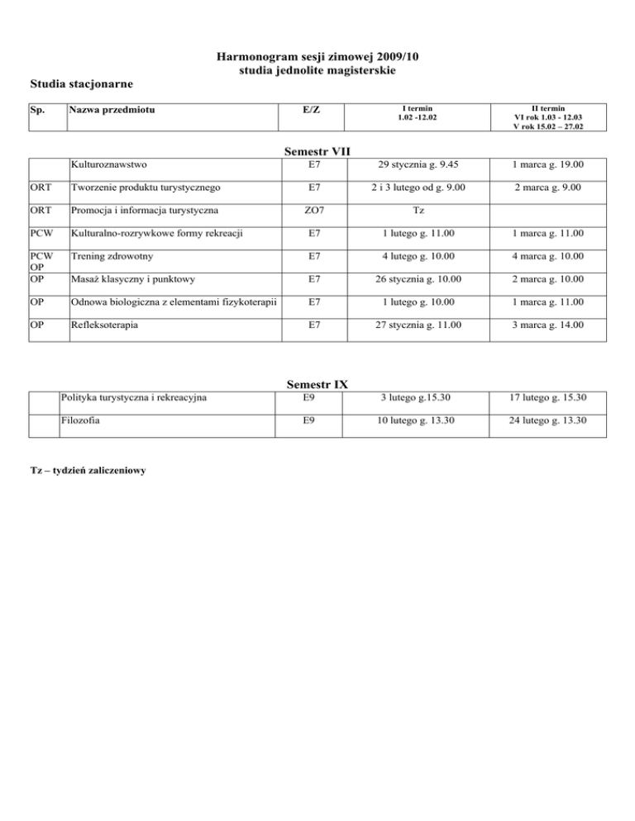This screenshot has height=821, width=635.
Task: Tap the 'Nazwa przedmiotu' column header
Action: pos(112,110)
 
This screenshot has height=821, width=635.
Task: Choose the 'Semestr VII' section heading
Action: pos(318,152)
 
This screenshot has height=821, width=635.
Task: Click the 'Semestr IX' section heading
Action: pos(317,384)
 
